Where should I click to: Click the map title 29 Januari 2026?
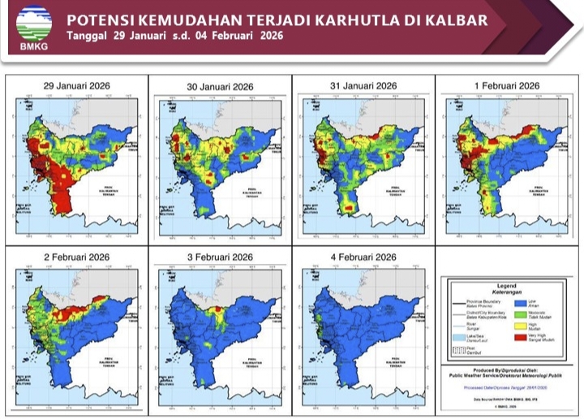77,85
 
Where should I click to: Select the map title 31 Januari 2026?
363,86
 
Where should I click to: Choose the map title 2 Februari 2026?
77,257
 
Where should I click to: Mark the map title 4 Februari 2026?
363,257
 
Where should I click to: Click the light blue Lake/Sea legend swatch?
459,338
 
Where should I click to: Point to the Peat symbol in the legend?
459,351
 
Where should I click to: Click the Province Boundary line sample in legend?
459,303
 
